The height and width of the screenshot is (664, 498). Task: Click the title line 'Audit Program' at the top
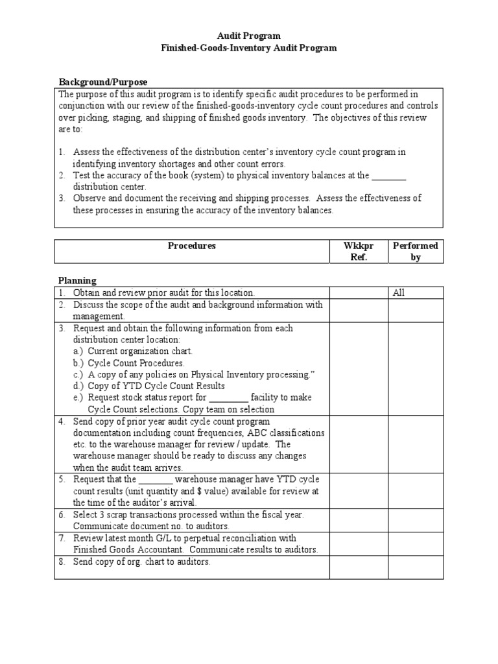click(248, 36)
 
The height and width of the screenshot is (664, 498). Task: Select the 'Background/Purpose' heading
click(103, 82)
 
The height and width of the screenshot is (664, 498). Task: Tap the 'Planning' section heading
click(78, 281)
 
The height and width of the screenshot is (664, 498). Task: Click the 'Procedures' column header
click(191, 246)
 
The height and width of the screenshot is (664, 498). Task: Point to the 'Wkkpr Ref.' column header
click(358, 252)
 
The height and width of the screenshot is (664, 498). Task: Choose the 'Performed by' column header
click(416, 252)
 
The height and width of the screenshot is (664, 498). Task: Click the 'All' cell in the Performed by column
click(399, 293)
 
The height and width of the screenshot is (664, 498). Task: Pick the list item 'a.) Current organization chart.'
click(132, 351)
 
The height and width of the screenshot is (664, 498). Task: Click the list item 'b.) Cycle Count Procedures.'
click(128, 363)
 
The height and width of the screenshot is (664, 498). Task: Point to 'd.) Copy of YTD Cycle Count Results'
click(148, 386)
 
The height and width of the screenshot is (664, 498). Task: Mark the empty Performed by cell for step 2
click(416, 311)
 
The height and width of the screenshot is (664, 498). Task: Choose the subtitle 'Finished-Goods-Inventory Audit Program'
click(248, 48)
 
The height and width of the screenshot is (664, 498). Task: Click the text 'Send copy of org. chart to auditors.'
click(141, 562)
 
